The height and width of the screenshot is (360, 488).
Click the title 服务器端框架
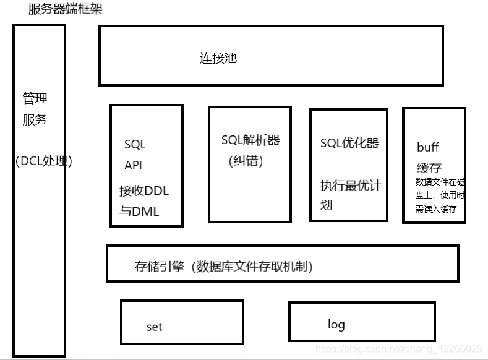(66, 9)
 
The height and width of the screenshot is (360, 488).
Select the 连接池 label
(218, 59)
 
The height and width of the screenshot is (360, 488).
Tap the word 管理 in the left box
(35, 98)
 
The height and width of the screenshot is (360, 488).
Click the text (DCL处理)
(44, 161)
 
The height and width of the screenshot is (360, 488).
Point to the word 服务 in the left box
(35, 119)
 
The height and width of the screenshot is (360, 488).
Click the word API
(133, 165)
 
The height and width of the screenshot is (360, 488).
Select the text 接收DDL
(144, 191)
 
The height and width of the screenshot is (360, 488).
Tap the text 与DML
(139, 212)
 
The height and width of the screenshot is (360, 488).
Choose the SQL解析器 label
(250, 140)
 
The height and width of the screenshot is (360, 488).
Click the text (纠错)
(246, 161)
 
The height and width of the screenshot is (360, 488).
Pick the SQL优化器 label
(349, 143)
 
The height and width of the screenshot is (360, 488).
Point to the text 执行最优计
(351, 186)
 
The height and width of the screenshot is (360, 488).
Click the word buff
(428, 147)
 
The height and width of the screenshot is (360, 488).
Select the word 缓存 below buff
(429, 168)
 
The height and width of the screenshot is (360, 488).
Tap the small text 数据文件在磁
(440, 182)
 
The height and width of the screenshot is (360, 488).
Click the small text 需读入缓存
(436, 209)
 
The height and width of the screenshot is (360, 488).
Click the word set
(155, 327)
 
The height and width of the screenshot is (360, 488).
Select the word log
(336, 324)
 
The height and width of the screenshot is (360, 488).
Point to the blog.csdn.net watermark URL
(399, 349)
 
